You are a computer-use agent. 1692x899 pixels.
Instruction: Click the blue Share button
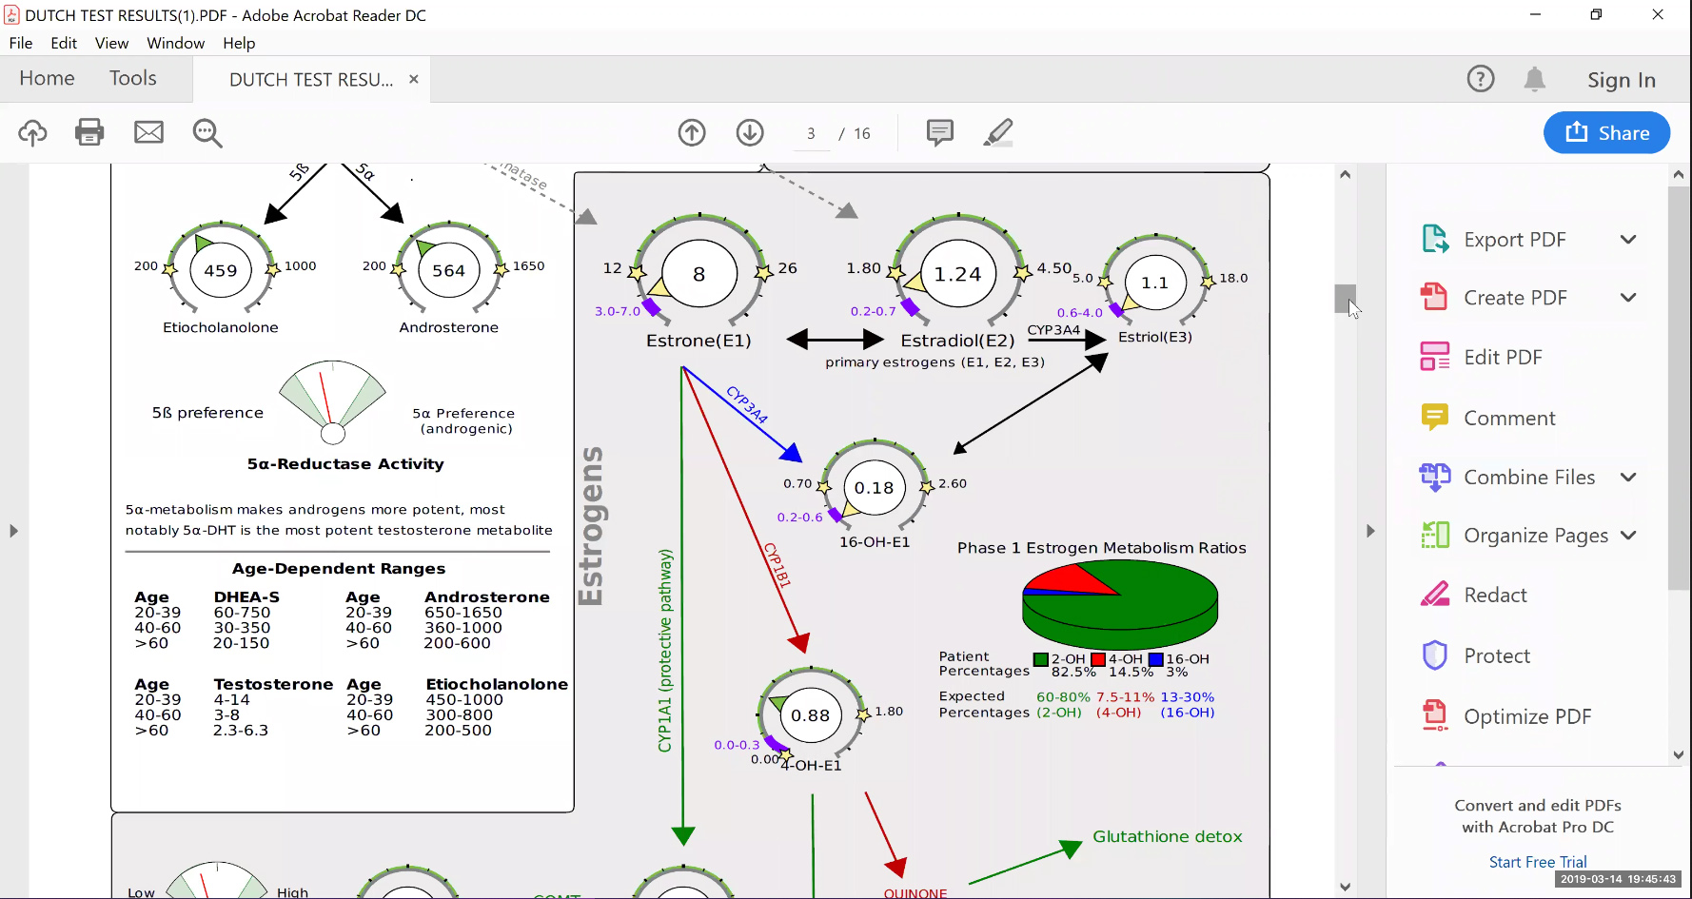[1606, 133]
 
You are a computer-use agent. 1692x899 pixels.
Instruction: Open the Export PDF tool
[1514, 240]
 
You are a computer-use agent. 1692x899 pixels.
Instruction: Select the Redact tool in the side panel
[1494, 596]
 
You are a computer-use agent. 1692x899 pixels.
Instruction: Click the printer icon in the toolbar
[89, 132]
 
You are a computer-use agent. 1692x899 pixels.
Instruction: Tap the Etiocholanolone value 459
[221, 271]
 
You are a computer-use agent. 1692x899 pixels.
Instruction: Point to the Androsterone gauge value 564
[448, 271]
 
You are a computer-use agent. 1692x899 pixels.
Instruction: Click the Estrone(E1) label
[698, 341]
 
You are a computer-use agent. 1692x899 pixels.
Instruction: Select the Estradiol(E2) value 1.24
[957, 275]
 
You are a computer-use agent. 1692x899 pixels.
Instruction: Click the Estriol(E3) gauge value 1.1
[1154, 283]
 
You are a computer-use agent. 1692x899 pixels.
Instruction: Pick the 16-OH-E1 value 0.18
[874, 488]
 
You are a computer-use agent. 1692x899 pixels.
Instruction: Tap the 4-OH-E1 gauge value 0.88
[811, 715]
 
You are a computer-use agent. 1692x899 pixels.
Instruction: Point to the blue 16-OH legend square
[1156, 659]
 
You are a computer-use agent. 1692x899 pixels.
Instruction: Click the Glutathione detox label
[1167, 837]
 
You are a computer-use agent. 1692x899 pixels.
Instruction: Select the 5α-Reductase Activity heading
[345, 464]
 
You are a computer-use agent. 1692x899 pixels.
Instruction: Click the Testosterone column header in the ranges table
[273, 685]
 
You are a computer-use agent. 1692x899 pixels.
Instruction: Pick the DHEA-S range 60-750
[242, 613]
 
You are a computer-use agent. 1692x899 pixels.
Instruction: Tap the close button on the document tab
[414, 79]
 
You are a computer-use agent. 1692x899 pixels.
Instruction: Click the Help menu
[239, 43]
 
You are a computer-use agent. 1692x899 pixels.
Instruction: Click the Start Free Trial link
[1538, 862]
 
